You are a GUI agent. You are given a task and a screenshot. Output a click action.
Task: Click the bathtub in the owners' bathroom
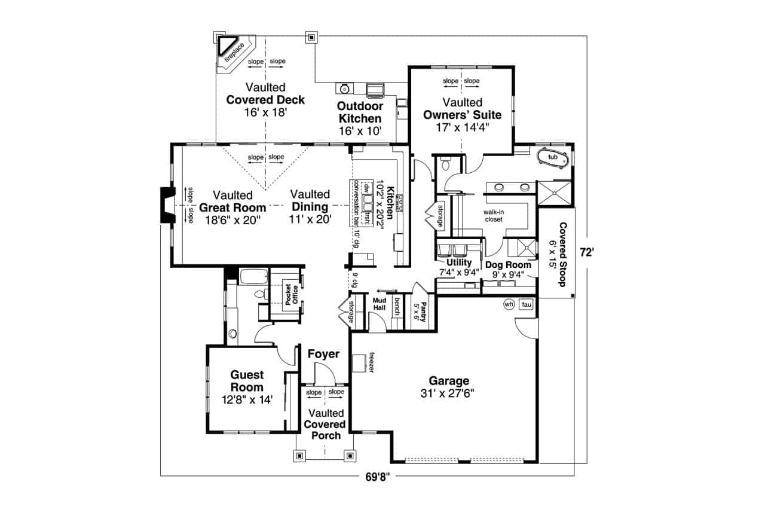553,158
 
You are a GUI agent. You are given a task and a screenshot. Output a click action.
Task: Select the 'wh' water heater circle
509,304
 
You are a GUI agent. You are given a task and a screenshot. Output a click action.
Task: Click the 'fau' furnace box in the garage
527,304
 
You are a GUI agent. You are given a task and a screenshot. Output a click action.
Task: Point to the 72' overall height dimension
586,252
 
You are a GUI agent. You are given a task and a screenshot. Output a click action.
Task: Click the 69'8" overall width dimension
377,477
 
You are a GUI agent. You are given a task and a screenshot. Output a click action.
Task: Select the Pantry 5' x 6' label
420,312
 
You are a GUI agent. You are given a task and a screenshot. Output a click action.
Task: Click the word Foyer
323,354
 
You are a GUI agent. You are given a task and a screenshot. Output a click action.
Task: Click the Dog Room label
508,265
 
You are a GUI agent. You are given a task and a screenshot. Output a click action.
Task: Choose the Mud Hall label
380,304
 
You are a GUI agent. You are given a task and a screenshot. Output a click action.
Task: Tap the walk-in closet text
494,216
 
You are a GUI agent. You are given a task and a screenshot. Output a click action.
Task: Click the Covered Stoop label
563,255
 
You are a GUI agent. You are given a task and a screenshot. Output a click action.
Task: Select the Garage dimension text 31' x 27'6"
448,393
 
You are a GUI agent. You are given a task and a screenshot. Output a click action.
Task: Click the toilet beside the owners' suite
445,164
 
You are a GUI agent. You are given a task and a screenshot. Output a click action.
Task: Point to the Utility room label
459,262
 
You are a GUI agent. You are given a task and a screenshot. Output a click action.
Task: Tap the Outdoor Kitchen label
360,112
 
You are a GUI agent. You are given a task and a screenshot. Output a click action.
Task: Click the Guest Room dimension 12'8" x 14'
247,399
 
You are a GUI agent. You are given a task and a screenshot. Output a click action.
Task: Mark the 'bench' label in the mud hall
397,307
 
